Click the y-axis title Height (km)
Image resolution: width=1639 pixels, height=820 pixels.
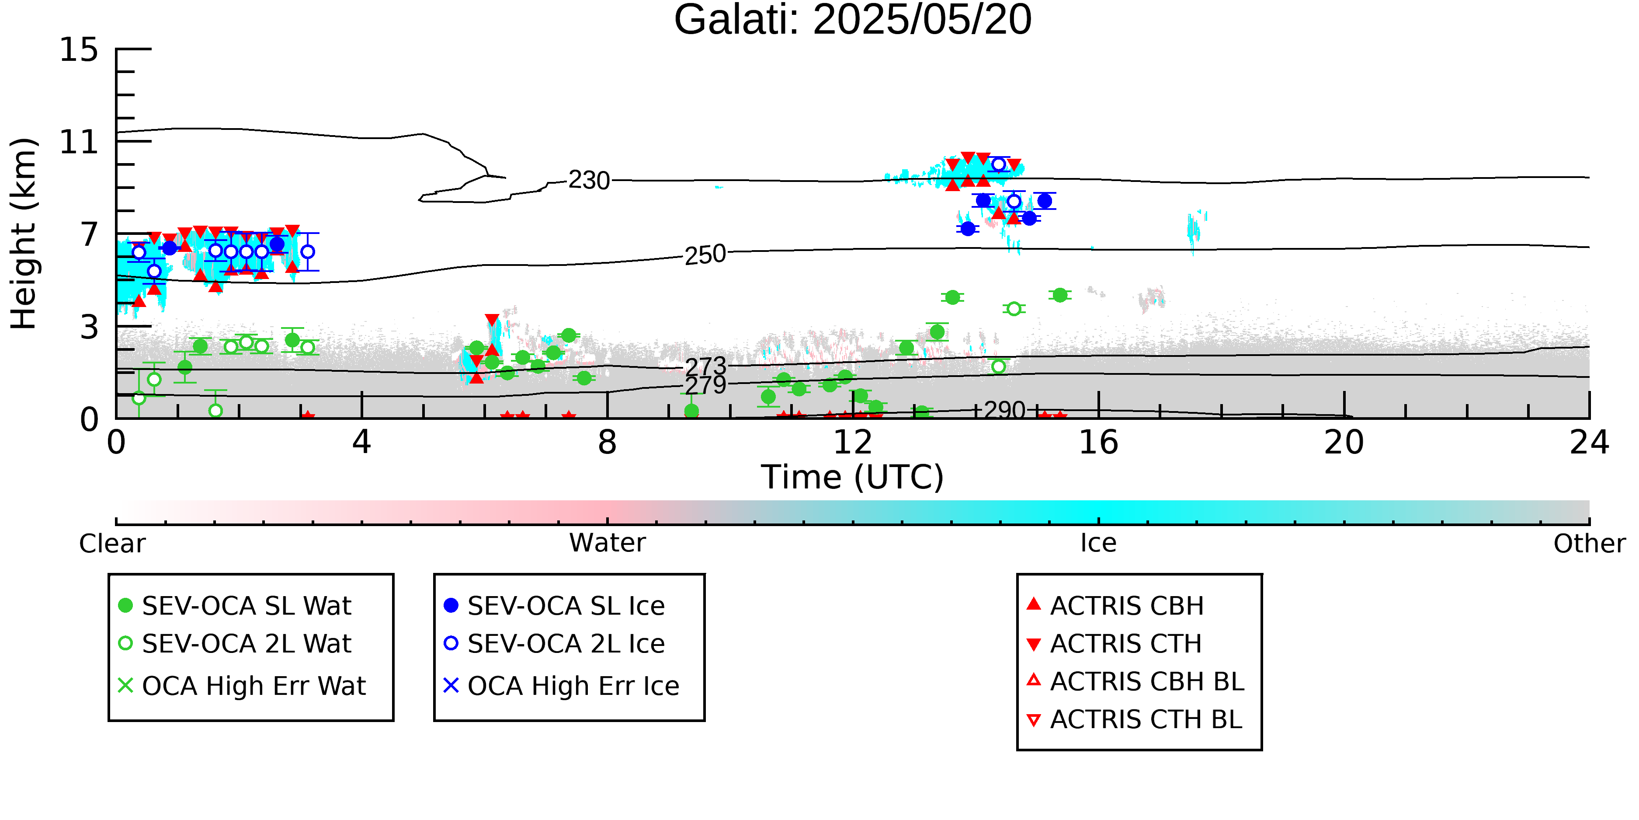[x=24, y=234]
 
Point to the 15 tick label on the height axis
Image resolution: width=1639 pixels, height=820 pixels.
[x=79, y=50]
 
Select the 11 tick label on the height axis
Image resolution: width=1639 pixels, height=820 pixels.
[x=79, y=142]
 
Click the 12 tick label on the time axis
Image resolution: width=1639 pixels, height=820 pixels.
[x=853, y=443]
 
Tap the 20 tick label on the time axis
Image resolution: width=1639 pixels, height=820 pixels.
[x=1344, y=443]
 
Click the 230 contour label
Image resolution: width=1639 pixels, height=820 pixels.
[x=589, y=180]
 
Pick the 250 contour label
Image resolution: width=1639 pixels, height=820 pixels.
[x=705, y=255]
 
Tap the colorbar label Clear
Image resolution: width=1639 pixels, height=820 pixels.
[x=112, y=544]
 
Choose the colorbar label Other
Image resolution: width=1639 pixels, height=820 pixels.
[x=1589, y=544]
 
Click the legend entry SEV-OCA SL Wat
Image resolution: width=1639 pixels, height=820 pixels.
[x=236, y=605]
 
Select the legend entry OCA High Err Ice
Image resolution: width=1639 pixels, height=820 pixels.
[x=562, y=686]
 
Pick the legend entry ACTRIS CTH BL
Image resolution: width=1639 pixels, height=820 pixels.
[x=1135, y=719]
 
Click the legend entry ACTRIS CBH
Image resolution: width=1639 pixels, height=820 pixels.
[x=1115, y=605]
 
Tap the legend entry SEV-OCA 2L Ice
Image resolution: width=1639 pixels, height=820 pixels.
[x=554, y=644]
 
